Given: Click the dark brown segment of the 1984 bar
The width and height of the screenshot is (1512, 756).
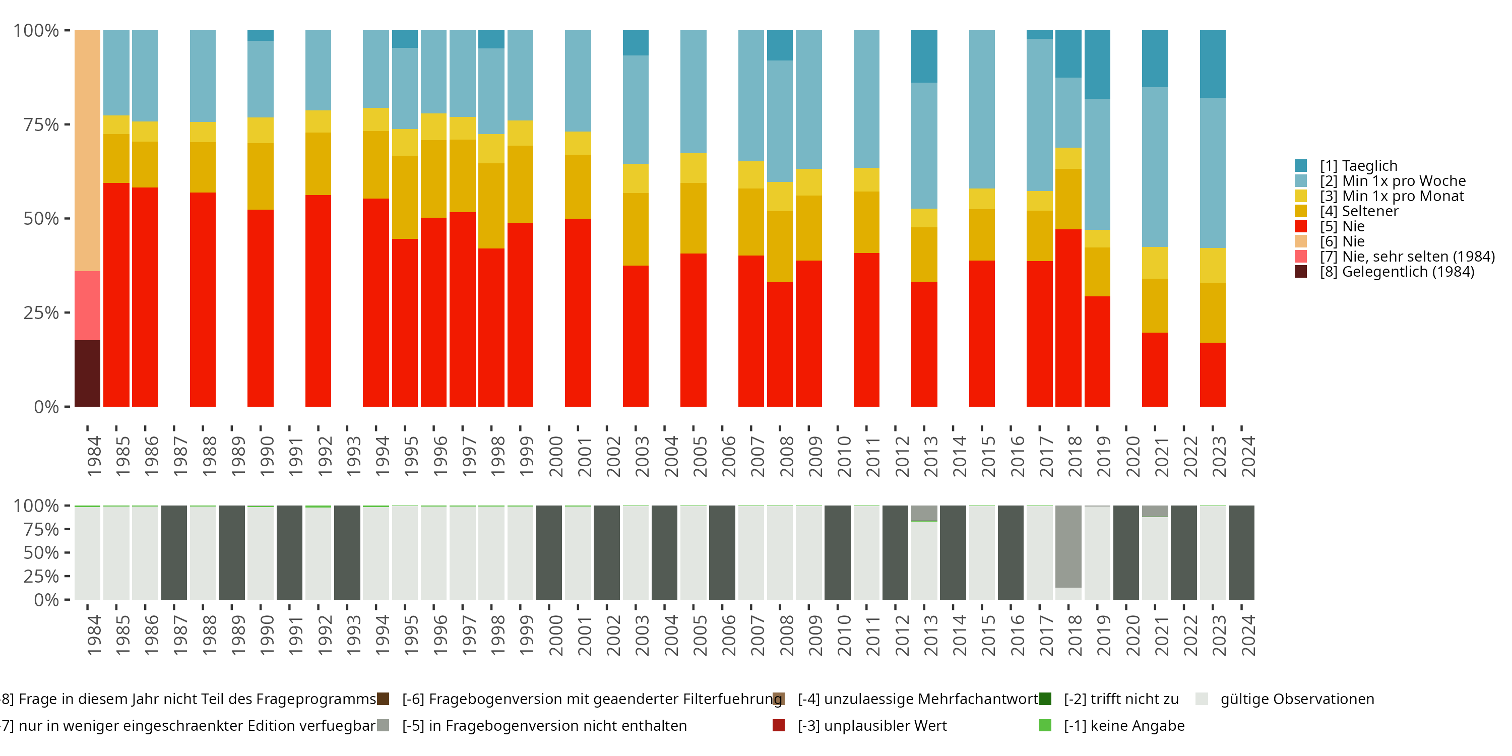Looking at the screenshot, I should pos(88,373).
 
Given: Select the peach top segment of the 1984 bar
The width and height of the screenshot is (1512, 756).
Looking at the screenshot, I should pos(88,150).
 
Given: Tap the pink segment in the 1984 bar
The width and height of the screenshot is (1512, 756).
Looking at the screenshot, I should pos(88,305).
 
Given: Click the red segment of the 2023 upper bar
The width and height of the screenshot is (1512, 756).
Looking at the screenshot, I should pos(1213,374).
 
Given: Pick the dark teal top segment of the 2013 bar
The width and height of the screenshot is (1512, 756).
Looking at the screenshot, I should pos(924,56).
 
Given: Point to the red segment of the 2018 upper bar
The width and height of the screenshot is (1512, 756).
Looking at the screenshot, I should pos(1068,318).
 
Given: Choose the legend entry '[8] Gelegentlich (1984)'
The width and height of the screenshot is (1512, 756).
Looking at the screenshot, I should pos(1397,272).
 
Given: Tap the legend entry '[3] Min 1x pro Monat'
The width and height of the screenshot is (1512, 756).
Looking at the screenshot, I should pos(1391,196).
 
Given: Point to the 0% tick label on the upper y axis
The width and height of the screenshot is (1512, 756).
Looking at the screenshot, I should pos(46,407).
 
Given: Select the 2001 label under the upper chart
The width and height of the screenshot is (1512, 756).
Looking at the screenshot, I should pos(585,456).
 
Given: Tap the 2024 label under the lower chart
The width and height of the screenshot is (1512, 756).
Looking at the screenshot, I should pos(1248,635).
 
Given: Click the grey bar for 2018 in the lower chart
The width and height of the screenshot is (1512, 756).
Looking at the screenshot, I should pos(1068,546).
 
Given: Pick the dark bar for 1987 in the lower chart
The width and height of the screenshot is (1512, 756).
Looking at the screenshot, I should pos(174,552).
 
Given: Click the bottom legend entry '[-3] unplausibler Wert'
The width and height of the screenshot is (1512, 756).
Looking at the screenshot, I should pos(871,726).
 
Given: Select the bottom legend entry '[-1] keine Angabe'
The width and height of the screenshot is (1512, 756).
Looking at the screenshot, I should pos(1123,726).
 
